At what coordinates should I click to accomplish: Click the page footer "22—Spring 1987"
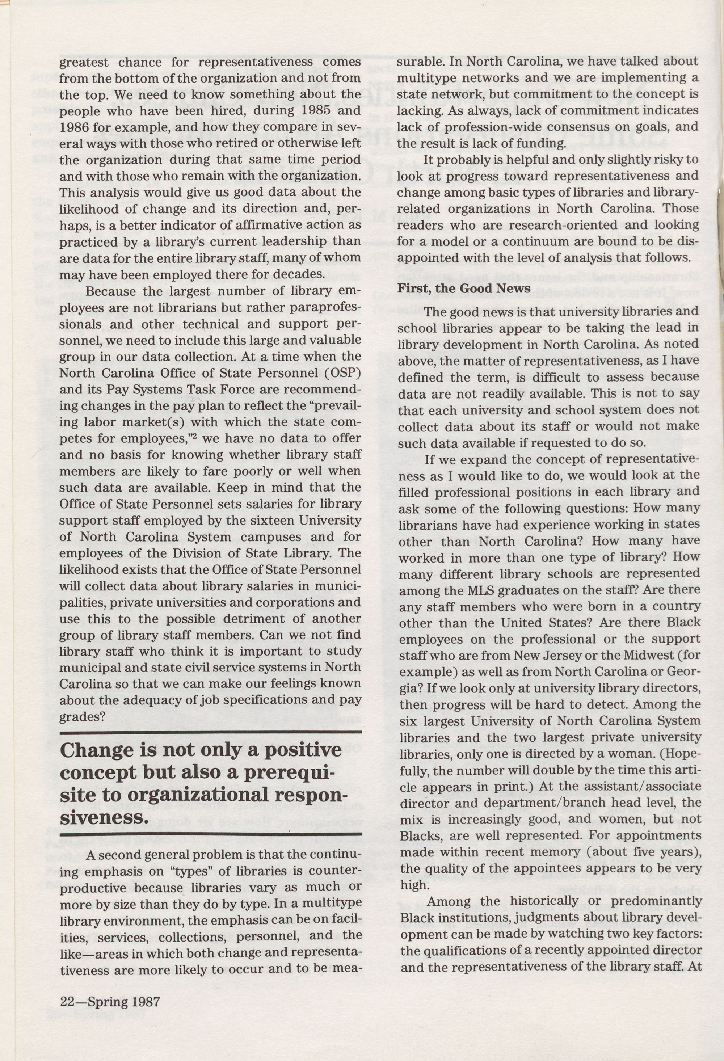click(x=110, y=1011)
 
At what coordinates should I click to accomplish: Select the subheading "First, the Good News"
click(x=464, y=289)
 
